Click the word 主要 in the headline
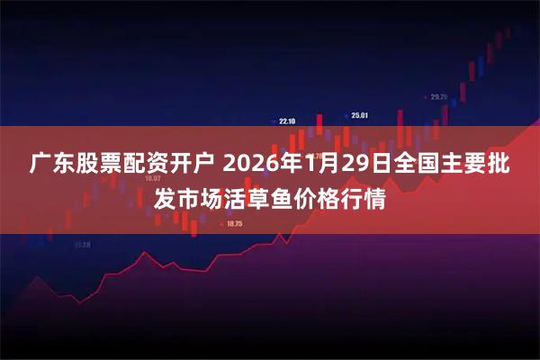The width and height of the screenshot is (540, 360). (462, 165)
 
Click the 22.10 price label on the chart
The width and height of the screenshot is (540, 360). (287, 120)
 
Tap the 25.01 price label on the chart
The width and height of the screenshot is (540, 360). (359, 114)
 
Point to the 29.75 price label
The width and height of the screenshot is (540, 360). (438, 96)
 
